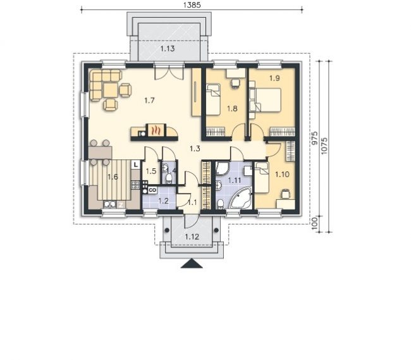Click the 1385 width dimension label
(192, 5)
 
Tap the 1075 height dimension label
(324, 146)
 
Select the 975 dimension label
(314, 138)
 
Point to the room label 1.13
(167, 49)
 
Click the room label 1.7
(149, 101)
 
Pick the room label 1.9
(274, 78)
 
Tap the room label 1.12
(192, 237)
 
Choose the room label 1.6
(113, 177)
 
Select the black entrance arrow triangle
(192, 263)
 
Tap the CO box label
(152, 190)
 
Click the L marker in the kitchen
(135, 165)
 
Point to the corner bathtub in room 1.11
(241, 199)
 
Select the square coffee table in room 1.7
(111, 90)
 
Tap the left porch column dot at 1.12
(167, 230)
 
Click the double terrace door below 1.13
(169, 71)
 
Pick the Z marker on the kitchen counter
(121, 205)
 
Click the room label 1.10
(282, 175)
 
